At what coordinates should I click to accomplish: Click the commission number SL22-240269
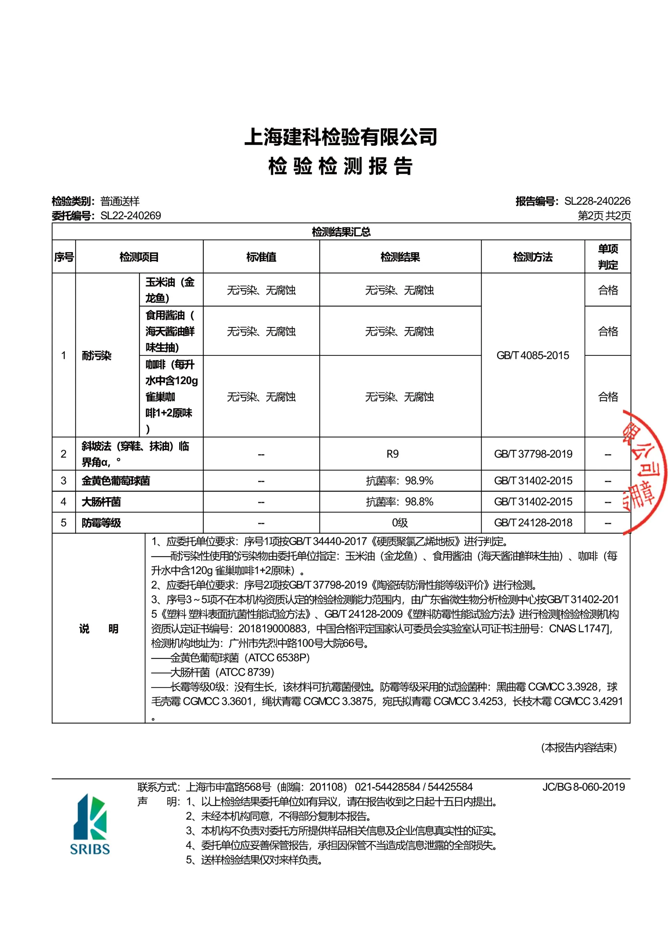pyautogui.click(x=130, y=215)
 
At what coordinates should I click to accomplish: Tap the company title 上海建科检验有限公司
pyautogui.click(x=341, y=137)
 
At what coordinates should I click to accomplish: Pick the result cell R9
pyautogui.click(x=392, y=454)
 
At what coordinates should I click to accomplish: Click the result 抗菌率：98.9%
pyautogui.click(x=399, y=480)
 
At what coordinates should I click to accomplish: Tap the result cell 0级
pyautogui.click(x=399, y=522)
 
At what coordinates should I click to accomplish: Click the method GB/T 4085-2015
pyautogui.click(x=533, y=355)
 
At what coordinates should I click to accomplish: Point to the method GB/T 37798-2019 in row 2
pyautogui.click(x=533, y=454)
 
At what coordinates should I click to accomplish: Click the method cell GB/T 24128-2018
pyautogui.click(x=533, y=522)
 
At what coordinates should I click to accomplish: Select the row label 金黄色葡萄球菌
pyautogui.click(x=116, y=480)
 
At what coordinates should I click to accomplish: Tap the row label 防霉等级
pyautogui.click(x=101, y=522)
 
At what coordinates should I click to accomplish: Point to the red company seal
pyautogui.click(x=645, y=471)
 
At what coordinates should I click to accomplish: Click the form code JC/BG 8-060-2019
pyautogui.click(x=583, y=787)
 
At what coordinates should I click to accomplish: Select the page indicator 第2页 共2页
pyautogui.click(x=604, y=215)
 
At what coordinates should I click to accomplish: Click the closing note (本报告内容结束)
pyautogui.click(x=579, y=747)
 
